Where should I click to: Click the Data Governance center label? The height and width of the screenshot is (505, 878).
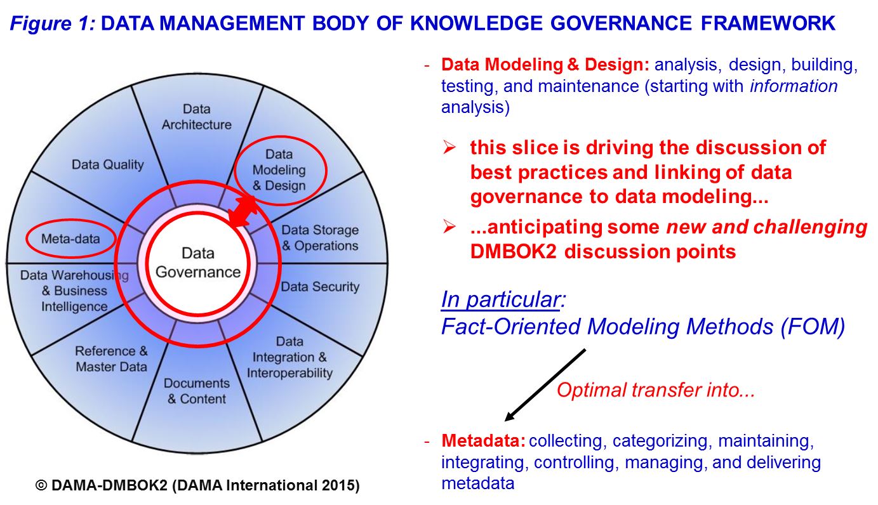pyautogui.click(x=198, y=263)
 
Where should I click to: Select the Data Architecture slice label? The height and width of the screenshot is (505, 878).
pyautogui.click(x=196, y=117)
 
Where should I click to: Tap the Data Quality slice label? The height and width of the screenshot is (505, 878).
pyautogui.click(x=108, y=164)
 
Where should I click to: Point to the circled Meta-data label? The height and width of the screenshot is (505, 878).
pyautogui.click(x=70, y=239)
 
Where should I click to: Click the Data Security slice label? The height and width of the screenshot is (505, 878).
pyautogui.click(x=320, y=287)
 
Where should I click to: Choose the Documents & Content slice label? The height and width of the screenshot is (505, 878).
pyautogui.click(x=196, y=391)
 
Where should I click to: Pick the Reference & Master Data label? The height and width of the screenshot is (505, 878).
pyautogui.click(x=111, y=359)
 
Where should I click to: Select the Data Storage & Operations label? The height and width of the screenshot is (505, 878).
pyautogui.click(x=320, y=238)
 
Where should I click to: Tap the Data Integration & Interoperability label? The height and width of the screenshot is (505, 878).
pyautogui.click(x=289, y=357)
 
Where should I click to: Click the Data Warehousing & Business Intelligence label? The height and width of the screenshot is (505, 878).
pyautogui.click(x=74, y=291)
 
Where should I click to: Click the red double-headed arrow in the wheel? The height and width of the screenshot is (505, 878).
pyautogui.click(x=243, y=211)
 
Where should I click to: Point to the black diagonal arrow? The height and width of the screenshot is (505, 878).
pyautogui.click(x=545, y=384)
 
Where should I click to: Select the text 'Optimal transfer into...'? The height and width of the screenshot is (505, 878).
pyautogui.click(x=655, y=390)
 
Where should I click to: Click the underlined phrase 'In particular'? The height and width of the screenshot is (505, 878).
pyautogui.click(x=500, y=299)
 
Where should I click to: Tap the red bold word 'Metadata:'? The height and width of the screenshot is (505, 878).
pyautogui.click(x=483, y=441)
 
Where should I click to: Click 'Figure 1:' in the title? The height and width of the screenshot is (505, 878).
pyautogui.click(x=53, y=23)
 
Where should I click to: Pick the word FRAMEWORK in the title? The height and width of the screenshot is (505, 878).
pyautogui.click(x=768, y=23)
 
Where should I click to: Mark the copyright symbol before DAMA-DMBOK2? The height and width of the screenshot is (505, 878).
pyautogui.click(x=41, y=485)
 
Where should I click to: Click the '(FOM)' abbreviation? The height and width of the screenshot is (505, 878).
pyautogui.click(x=813, y=326)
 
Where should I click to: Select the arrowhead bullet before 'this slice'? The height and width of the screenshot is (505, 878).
pyautogui.click(x=449, y=147)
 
